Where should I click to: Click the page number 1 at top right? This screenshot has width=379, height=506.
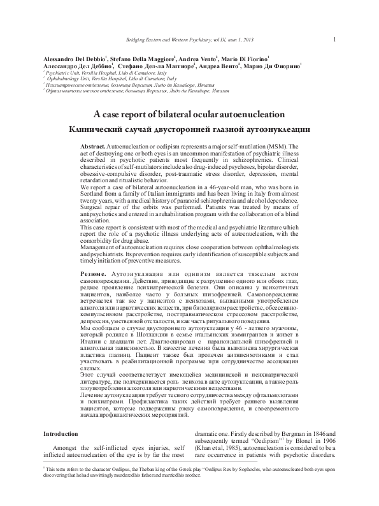pos(334,41)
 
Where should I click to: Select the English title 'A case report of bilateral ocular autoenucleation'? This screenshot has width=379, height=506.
pos(189,115)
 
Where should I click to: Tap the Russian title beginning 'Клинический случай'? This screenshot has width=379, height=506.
pos(189,129)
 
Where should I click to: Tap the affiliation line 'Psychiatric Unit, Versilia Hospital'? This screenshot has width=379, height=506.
pos(86,73)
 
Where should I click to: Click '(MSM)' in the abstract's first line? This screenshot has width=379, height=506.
pos(274,147)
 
